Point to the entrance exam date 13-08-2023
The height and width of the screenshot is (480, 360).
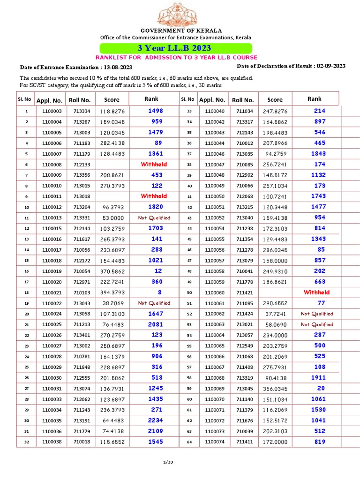pyautogui.click(x=117, y=67)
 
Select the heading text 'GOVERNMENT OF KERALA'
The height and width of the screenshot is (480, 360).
pyautogui.click(x=175, y=30)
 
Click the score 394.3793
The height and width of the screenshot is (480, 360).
pyautogui.click(x=112, y=292)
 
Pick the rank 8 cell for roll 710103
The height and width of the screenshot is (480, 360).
pyautogui.click(x=155, y=292)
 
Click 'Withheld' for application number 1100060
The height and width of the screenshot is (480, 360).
pyautogui.click(x=316, y=292)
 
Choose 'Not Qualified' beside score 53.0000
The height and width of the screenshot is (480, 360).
pyautogui.click(x=154, y=218)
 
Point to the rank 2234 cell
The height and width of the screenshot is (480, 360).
pyautogui.click(x=155, y=420)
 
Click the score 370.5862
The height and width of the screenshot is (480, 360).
pyautogui.click(x=112, y=271)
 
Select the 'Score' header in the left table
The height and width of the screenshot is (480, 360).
pyautogui.click(x=112, y=100)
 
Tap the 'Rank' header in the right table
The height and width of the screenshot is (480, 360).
pyautogui.click(x=315, y=99)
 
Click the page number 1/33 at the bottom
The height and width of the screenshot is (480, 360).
pyautogui.click(x=167, y=463)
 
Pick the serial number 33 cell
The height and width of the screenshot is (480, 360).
pyautogui.click(x=190, y=112)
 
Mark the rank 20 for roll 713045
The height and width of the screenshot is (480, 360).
pyautogui.click(x=321, y=388)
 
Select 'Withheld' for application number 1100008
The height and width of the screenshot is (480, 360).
pyautogui.click(x=154, y=165)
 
